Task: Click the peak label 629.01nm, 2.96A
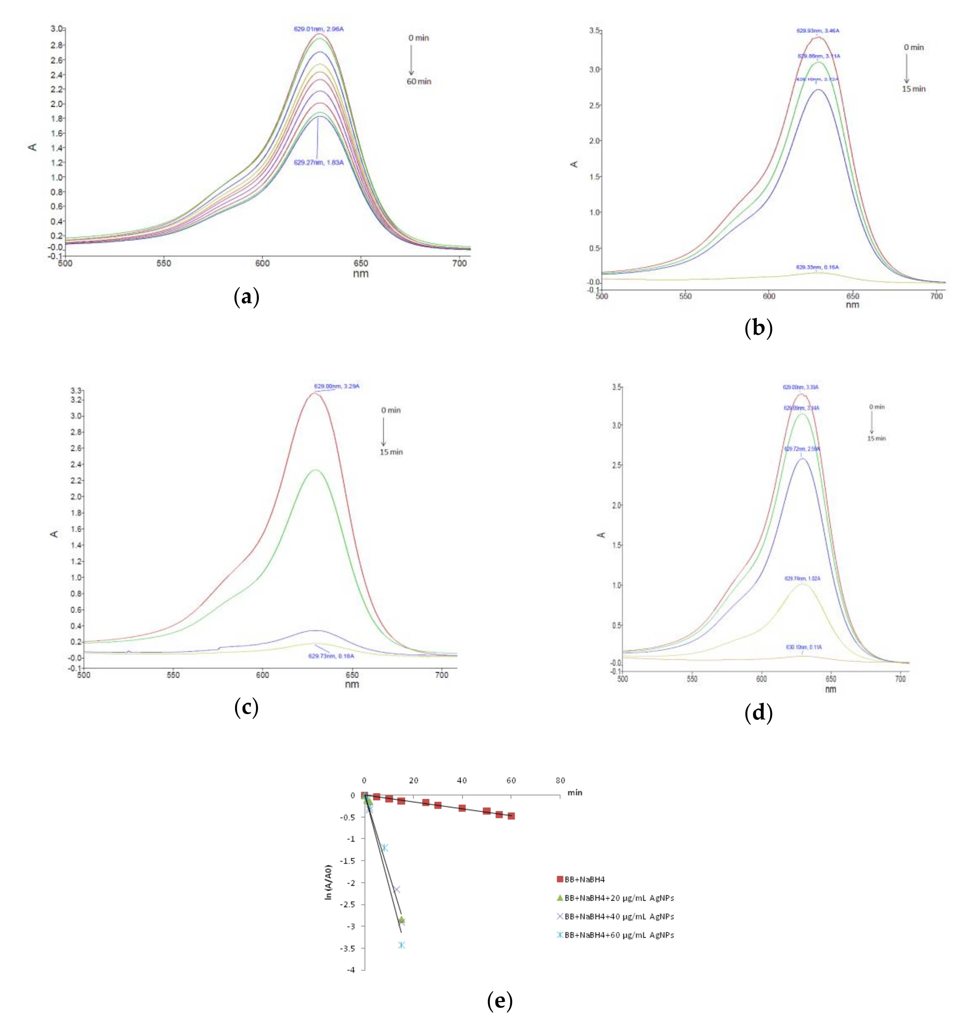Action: (318, 29)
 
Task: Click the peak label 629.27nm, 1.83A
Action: (318, 162)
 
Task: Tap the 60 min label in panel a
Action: (419, 81)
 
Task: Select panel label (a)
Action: (246, 297)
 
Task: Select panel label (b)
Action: (758, 328)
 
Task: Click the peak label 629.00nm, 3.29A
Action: (336, 386)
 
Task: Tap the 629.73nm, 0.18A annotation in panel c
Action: (331, 656)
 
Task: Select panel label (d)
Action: (758, 713)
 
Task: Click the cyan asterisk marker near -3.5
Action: (401, 945)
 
